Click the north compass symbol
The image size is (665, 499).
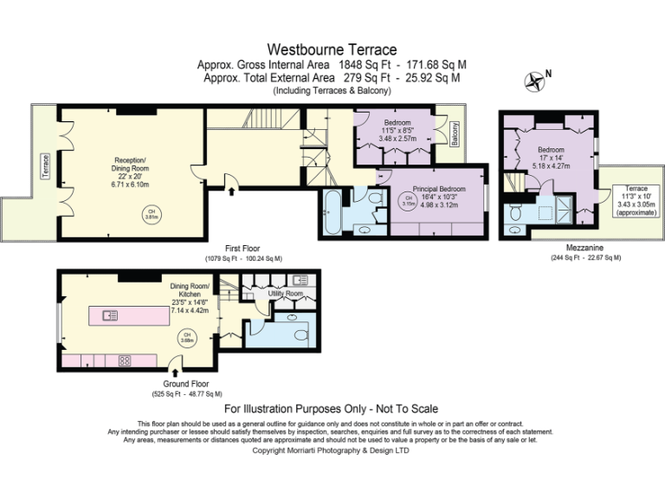tap(536, 81)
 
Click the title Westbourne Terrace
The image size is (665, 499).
tap(332, 49)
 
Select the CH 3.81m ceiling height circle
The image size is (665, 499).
tap(151, 212)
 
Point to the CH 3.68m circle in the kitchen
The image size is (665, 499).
tap(184, 337)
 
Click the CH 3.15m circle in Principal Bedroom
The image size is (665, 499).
tap(407, 202)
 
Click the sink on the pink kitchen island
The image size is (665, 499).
tap(110, 315)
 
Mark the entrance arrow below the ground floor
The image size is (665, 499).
tap(175, 373)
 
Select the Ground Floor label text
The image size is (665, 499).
tap(186, 384)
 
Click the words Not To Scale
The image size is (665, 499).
tap(406, 409)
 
